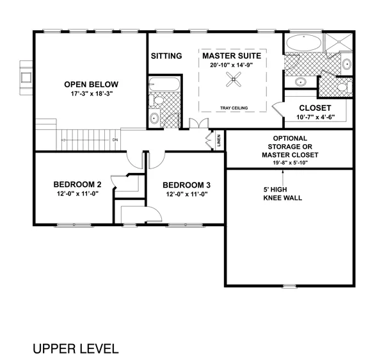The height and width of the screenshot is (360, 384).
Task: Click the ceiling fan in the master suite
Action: [234, 79]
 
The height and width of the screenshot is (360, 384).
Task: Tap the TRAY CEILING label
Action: [234, 108]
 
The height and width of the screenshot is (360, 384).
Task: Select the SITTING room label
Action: [166, 56]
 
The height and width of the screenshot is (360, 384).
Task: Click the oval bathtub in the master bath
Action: [303, 43]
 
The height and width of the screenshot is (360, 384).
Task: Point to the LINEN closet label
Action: [219, 140]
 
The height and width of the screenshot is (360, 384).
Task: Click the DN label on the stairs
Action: [115, 140]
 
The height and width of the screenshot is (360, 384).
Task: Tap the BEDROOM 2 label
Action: [77, 184]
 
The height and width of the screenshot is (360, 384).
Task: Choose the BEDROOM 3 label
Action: [187, 185]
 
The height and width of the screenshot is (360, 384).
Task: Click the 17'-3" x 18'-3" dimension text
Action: [92, 94]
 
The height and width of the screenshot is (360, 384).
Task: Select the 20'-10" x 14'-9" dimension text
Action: [231, 65]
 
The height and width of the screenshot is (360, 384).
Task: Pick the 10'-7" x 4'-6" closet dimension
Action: [316, 117]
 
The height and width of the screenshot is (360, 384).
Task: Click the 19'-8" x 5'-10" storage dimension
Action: [290, 163]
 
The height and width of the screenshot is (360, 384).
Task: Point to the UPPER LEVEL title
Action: [76, 348]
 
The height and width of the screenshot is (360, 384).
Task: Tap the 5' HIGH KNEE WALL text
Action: [283, 193]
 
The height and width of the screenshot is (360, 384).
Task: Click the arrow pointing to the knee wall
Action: [283, 177]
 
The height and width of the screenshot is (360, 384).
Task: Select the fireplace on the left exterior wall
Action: [26, 78]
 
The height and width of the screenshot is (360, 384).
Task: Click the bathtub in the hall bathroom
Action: [164, 85]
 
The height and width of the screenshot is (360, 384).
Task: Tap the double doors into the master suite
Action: [198, 123]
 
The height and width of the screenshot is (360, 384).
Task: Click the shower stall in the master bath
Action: [338, 42]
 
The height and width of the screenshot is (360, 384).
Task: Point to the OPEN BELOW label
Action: [92, 85]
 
